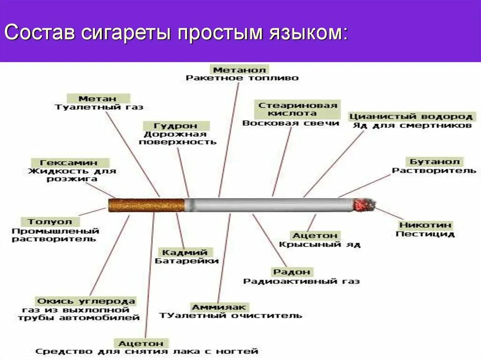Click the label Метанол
240,69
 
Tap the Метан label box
98,99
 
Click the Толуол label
50,221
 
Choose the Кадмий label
185,252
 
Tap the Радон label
291,272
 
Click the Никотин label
425,225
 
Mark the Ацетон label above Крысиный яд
315,235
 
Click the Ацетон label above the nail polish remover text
141,343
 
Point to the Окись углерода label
85,301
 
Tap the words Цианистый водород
410,116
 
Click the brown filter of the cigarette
146,205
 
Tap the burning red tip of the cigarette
361,205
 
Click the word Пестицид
425,234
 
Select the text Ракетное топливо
242,78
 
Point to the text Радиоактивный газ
301,281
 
